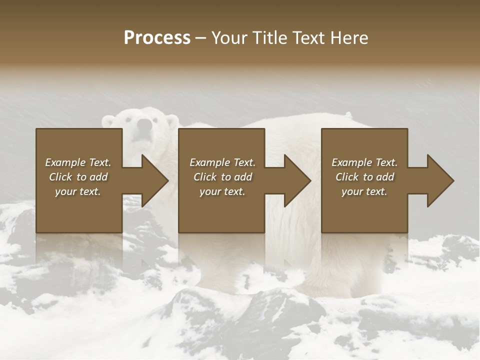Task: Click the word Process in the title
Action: coord(157,38)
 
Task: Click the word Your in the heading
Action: coord(229,38)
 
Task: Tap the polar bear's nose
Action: coord(144,124)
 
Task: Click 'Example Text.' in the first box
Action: coord(78,162)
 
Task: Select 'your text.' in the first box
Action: coord(78,191)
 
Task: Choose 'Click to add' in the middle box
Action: coord(222,177)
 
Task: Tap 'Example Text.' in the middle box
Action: coord(222,162)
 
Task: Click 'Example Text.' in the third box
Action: coord(364,162)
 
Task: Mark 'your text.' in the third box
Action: coord(364,191)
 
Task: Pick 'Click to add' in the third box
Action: coord(364,177)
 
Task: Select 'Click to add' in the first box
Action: coord(78,177)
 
